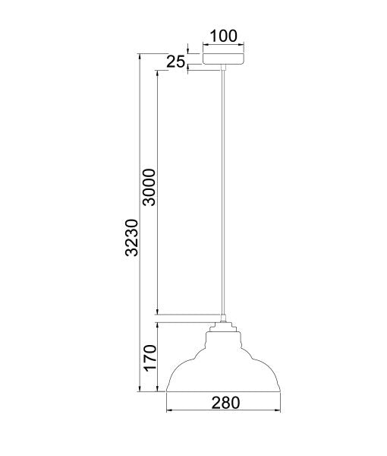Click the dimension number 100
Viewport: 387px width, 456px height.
(x=225, y=35)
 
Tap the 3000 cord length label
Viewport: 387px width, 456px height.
(x=149, y=187)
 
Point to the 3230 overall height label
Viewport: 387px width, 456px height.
(x=131, y=236)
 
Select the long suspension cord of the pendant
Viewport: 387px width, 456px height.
(x=224, y=190)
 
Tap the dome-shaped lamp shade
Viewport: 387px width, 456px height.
(x=223, y=369)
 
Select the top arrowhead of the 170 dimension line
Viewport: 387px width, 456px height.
(x=157, y=323)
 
